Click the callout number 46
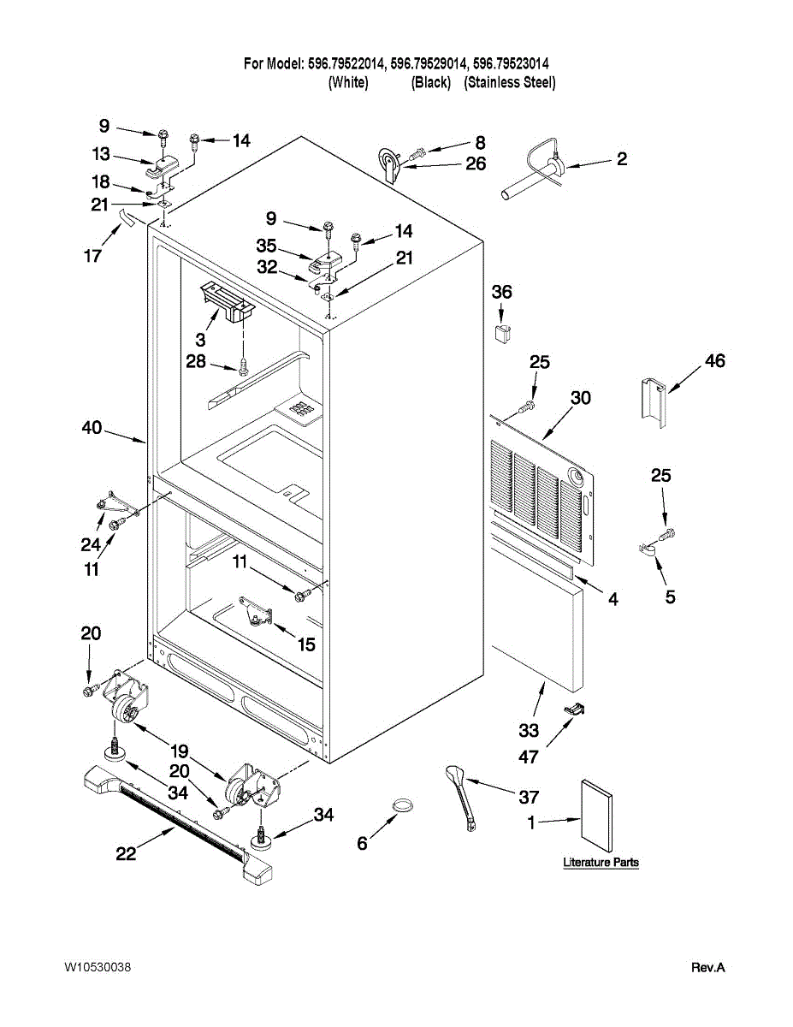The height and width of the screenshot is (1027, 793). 714,360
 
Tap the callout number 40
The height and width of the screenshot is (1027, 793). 92,427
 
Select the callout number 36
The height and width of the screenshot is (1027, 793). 501,292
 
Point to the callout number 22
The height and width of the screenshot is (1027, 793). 126,853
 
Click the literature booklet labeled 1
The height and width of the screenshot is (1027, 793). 596,810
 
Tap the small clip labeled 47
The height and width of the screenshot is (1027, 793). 574,709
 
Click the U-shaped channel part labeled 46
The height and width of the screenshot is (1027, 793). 654,402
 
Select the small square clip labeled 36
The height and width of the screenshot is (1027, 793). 502,333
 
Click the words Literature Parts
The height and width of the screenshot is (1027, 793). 601,862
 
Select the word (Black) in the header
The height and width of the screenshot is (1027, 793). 431,82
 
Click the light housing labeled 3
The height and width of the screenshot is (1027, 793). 228,302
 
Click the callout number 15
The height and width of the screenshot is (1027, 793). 306,644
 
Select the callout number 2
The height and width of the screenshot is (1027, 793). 622,159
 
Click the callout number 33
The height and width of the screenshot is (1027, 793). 529,730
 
